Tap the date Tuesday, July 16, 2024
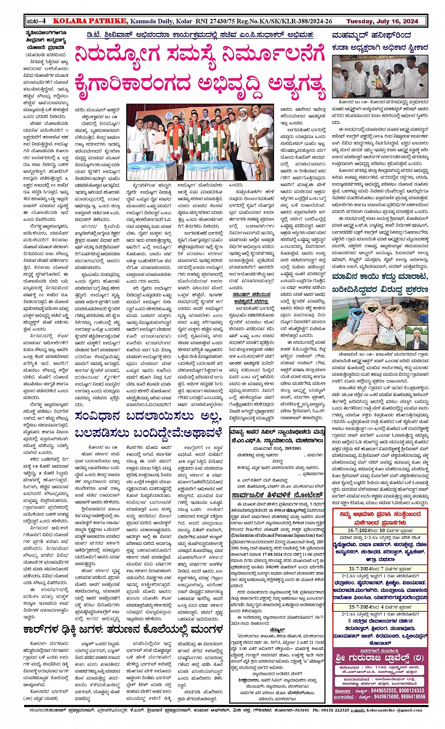[x=382, y=21]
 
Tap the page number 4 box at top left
[x=36, y=21]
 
